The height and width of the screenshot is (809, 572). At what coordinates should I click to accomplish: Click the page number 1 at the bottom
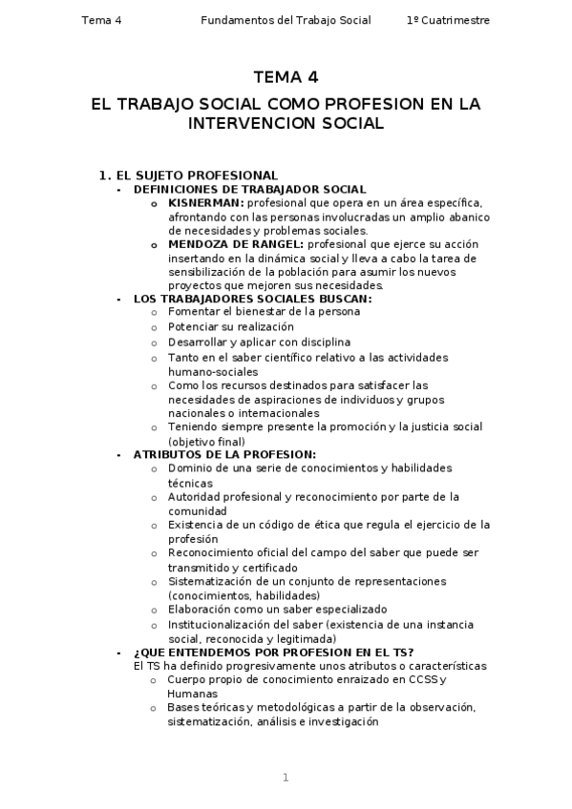(x=286, y=778)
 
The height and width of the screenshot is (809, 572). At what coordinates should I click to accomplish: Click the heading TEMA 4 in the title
(x=286, y=78)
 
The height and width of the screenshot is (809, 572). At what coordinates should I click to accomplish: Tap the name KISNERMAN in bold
(x=205, y=203)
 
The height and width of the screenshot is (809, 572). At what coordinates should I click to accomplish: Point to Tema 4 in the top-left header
(x=102, y=20)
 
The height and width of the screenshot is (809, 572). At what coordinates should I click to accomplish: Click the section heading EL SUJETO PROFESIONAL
(x=196, y=176)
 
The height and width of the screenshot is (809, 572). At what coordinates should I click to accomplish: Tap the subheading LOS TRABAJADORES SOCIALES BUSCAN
(x=253, y=299)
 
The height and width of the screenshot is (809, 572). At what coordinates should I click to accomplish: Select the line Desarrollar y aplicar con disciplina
(x=259, y=342)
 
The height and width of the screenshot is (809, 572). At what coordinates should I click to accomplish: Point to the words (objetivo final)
(x=206, y=442)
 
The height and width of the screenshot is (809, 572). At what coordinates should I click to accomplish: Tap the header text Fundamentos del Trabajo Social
(x=286, y=20)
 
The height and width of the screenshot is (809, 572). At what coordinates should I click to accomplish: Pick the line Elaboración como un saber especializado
(x=277, y=609)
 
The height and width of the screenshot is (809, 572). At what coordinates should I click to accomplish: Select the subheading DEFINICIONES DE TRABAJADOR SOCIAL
(x=250, y=190)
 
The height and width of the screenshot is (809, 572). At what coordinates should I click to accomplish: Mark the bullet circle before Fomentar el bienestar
(x=156, y=312)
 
